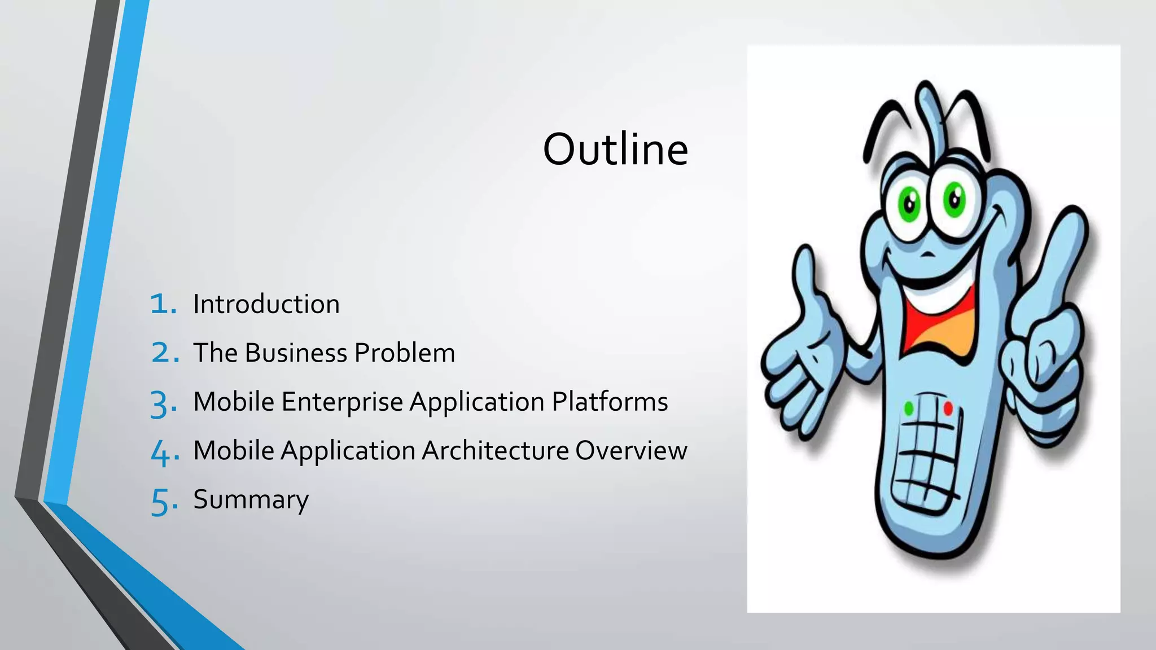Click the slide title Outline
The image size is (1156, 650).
coord(615,150)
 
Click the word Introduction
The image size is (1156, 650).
coord(266,304)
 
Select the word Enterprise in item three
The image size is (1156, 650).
coord(342,402)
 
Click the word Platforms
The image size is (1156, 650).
coord(610,402)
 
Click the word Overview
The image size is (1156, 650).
coord(631,451)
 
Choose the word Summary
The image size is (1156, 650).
coord(251,500)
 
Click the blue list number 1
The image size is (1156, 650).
coord(162,304)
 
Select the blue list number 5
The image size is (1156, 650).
coord(163,502)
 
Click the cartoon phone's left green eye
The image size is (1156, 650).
coord(910,205)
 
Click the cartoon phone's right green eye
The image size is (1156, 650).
coord(954,199)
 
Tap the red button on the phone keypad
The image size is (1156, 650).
coord(948,408)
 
